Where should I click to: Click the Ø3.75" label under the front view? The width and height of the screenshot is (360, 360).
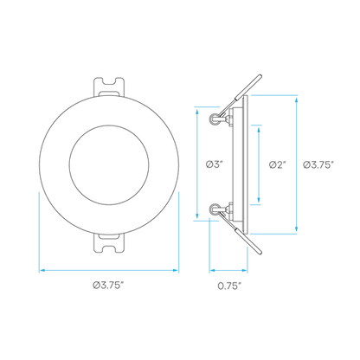click(x=108, y=286)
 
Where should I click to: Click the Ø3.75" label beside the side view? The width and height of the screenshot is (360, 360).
click(x=318, y=164)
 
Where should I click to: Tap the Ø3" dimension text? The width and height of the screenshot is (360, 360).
click(x=215, y=164)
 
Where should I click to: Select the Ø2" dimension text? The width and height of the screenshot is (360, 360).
click(x=278, y=164)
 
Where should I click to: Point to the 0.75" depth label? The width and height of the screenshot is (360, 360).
click(x=229, y=286)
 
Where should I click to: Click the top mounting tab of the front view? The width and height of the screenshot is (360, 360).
click(x=109, y=87)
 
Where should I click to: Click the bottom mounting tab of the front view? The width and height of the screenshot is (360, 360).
click(x=109, y=243)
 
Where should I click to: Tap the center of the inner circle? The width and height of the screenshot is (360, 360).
click(x=109, y=165)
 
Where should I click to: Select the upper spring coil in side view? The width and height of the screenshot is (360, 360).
click(x=214, y=119)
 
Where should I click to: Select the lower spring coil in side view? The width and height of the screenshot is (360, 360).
click(x=214, y=209)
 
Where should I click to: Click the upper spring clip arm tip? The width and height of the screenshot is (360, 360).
click(x=260, y=76)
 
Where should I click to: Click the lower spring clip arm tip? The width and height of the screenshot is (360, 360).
click(x=260, y=253)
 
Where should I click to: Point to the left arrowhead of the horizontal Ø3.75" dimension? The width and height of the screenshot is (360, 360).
click(x=42, y=270)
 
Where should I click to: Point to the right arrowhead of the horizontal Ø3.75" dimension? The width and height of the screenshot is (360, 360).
click(x=176, y=270)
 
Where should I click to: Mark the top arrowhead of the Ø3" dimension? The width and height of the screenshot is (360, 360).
click(x=197, y=111)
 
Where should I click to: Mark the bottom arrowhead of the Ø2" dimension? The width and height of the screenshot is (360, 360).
click(x=259, y=200)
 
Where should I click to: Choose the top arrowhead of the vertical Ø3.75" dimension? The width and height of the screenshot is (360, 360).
click(x=297, y=100)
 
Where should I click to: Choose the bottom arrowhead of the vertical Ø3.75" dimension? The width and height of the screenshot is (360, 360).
click(x=297, y=229)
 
